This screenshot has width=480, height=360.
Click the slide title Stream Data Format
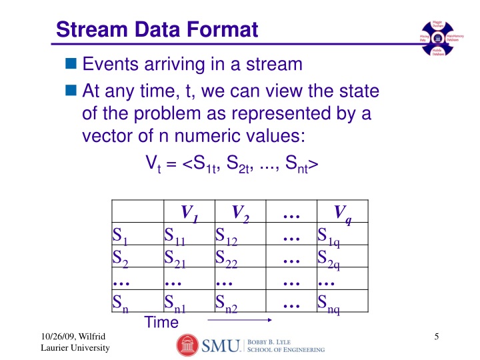coord(157,29)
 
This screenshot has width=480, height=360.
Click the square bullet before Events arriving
coord(71,65)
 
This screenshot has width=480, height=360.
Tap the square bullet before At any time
coord(71,89)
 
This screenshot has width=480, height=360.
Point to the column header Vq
coord(343,213)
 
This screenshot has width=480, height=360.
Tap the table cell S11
coord(175,237)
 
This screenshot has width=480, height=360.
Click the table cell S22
coord(227,258)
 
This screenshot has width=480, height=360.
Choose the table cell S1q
coord(329,237)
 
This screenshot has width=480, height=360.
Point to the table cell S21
coord(175,258)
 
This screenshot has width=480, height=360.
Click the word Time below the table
coord(161,322)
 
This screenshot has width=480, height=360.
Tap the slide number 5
coord(435,337)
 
